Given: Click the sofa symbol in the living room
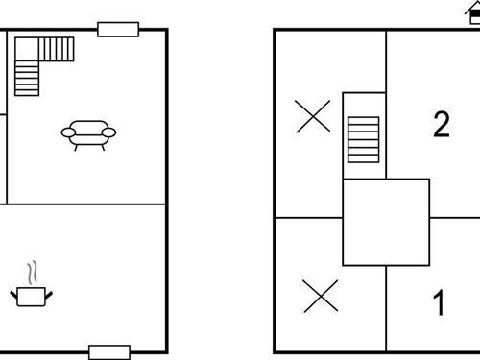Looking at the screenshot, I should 88,133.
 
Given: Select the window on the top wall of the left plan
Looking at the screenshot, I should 118,30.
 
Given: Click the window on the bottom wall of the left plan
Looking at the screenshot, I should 108,351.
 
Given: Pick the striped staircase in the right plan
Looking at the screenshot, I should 365,140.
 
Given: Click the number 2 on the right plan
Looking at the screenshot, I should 441,125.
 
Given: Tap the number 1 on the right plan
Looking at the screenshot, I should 439,304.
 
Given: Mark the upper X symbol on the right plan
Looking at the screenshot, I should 313,116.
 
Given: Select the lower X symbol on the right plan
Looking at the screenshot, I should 320,296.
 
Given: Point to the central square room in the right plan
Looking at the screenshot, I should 385,222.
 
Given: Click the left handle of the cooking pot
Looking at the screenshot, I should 14,292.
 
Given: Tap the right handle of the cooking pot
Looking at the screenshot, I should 51,292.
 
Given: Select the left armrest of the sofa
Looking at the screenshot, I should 67,132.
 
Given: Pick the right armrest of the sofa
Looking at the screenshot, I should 109,132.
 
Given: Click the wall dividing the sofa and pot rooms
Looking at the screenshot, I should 86,204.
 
